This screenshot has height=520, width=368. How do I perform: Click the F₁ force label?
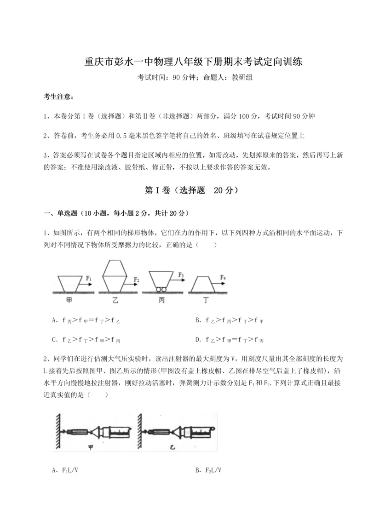(x=89, y=278)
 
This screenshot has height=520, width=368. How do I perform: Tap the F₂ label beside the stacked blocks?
(x=137, y=279)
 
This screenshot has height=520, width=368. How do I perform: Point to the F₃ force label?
(x=181, y=275)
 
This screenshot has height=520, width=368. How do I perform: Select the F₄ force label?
(x=223, y=277)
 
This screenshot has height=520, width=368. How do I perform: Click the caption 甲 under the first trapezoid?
(x=69, y=300)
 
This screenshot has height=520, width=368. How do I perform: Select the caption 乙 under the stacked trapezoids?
(x=115, y=300)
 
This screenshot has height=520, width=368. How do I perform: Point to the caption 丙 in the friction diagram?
(x=161, y=300)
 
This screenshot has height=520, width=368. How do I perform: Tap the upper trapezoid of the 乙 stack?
(x=115, y=268)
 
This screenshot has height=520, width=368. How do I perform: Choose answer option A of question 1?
(x=87, y=320)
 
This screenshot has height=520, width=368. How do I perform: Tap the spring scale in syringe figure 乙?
(x=158, y=432)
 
